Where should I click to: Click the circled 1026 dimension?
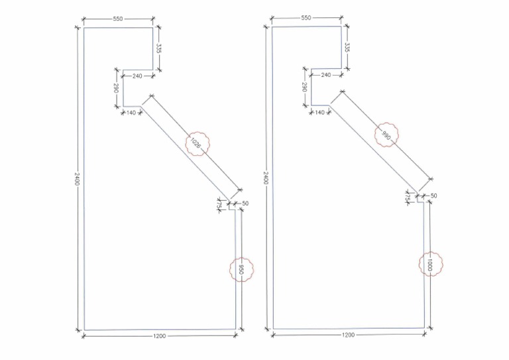(x=196, y=143)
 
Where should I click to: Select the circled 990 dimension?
(x=386, y=136)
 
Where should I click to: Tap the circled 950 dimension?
(x=242, y=270)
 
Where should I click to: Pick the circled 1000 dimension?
(x=430, y=264)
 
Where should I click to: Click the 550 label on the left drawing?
(x=118, y=19)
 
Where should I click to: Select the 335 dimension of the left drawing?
(x=160, y=48)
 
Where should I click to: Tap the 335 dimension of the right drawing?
(x=347, y=48)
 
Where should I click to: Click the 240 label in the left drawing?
(x=137, y=76)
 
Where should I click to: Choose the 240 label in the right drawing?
(x=325, y=75)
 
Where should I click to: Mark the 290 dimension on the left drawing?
(x=115, y=88)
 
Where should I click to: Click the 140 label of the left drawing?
(x=130, y=113)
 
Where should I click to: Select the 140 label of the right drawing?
(x=319, y=112)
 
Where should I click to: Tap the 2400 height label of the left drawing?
(x=78, y=180)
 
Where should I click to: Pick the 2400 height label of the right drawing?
(x=266, y=178)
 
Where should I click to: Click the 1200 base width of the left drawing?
(x=159, y=336)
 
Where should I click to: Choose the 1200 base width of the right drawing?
(x=348, y=335)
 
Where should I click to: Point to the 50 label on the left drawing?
(x=245, y=203)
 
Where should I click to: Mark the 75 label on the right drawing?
(x=406, y=199)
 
